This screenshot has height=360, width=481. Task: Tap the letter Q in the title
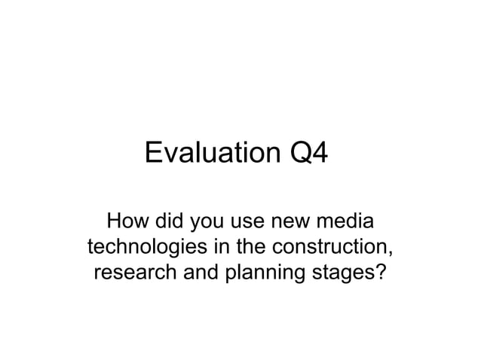pyautogui.click(x=301, y=154)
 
